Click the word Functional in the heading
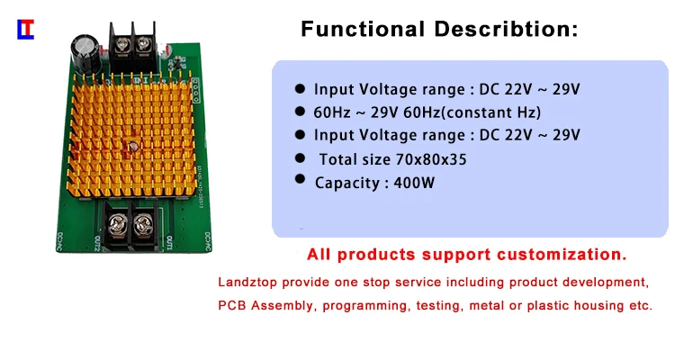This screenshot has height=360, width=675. (x=366, y=29)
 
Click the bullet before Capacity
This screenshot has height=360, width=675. (x=299, y=180)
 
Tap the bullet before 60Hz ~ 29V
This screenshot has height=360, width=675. (x=300, y=112)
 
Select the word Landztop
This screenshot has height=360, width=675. (x=246, y=281)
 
